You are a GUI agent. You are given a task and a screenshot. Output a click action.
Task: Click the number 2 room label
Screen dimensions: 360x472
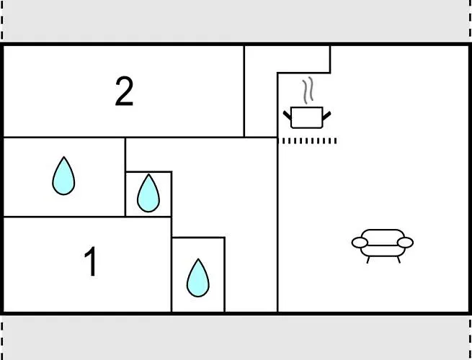(125, 92)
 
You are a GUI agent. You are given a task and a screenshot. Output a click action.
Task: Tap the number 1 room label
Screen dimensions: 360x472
(91, 262)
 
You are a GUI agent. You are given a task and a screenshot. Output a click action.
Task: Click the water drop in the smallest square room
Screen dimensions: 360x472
(148, 193)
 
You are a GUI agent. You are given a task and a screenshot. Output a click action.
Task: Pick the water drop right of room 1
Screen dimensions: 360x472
(197, 277)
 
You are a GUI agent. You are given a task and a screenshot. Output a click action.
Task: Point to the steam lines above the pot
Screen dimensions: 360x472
(308, 90)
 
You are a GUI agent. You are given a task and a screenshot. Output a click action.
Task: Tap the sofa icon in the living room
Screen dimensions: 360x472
(383, 243)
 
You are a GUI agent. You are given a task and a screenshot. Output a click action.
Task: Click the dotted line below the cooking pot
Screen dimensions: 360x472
(308, 141)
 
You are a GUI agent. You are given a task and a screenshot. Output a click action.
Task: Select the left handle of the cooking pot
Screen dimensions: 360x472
(286, 114)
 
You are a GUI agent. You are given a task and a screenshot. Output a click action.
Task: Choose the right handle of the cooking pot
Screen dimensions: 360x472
(329, 114)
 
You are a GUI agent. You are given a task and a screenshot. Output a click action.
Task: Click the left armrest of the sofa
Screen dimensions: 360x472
(360, 243)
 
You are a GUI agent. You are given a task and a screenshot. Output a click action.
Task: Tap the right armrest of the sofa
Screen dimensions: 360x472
(406, 243)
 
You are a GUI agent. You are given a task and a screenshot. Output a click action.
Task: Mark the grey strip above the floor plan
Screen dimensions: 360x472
(236, 20)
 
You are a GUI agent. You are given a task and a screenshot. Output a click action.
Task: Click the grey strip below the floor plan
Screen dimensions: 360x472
(236, 337)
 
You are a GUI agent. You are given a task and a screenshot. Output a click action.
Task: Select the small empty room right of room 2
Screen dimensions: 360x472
(261, 90)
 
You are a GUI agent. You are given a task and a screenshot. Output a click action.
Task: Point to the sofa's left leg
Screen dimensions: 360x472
(368, 258)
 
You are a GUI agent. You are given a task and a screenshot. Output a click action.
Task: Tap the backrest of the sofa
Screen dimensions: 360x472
(383, 235)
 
